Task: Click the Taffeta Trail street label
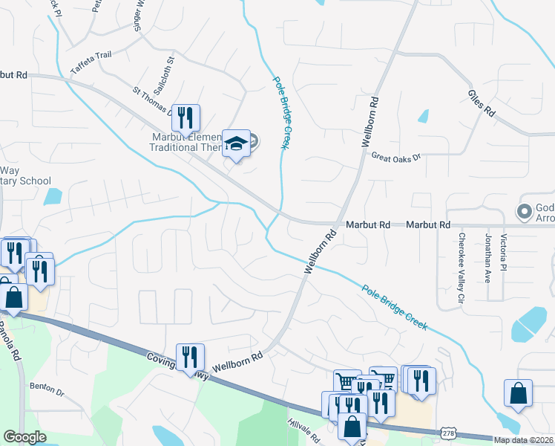(91, 59)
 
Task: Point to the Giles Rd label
(482, 104)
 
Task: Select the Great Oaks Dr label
(395, 157)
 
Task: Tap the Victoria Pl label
(504, 253)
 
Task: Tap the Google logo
(24, 437)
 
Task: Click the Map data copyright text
(523, 440)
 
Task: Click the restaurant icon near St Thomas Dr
(185, 116)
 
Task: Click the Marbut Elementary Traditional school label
(186, 141)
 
